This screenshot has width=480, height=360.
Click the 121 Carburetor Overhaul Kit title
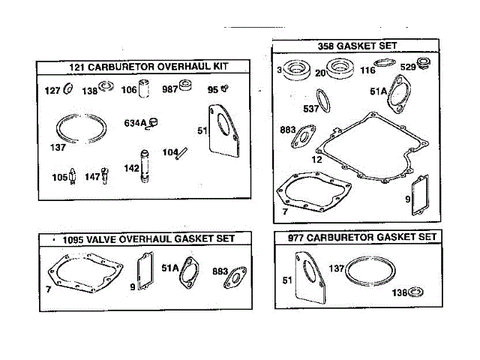pos(148,67)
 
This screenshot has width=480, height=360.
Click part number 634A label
pos(136,123)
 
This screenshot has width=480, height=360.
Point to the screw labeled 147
pos(106,177)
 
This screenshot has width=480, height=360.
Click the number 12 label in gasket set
pos(317,159)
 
